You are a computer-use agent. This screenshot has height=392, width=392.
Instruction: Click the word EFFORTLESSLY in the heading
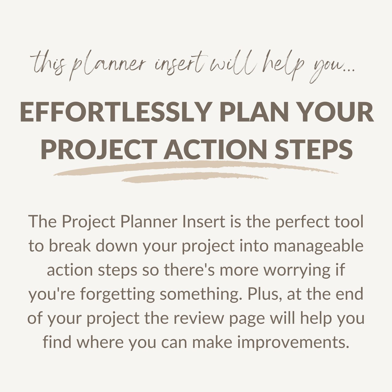(115, 112)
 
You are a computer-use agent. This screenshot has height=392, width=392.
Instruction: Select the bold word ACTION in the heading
(215, 149)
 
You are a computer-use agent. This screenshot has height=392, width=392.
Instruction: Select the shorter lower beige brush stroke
(195, 177)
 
